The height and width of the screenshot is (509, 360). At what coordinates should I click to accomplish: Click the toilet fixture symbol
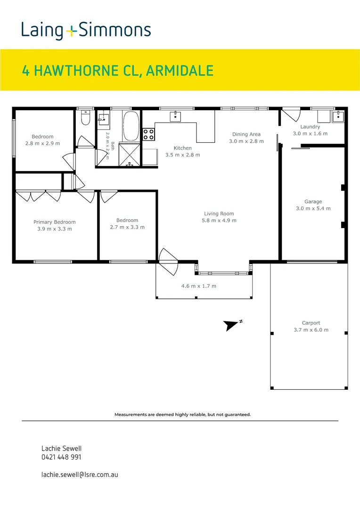[x=85, y=118]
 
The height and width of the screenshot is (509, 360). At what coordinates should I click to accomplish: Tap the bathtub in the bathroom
[x=131, y=126]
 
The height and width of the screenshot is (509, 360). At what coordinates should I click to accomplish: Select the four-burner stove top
[x=149, y=134]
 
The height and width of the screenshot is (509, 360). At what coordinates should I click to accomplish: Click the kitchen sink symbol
[x=175, y=116]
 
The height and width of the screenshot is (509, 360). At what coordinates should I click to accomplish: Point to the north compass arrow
[x=231, y=325]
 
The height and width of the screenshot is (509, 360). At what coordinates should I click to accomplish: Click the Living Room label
[x=219, y=213]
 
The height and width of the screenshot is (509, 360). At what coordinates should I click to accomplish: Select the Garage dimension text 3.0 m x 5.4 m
[x=313, y=208]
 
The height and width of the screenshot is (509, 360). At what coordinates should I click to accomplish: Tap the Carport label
[x=311, y=323]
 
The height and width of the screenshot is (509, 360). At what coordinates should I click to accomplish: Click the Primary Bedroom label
[x=55, y=222]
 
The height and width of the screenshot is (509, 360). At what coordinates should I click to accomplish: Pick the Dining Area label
[x=246, y=134]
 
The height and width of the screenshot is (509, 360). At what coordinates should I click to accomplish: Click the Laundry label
[x=310, y=127]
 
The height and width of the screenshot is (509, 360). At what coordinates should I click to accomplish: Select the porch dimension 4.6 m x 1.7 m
[x=199, y=286]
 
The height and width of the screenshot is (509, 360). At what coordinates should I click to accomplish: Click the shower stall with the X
[x=130, y=155]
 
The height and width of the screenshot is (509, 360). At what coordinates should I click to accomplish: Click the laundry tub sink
[x=338, y=116]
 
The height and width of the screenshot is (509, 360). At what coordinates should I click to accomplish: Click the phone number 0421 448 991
[x=61, y=457]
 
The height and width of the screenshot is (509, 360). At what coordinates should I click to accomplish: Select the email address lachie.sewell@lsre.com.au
[x=80, y=475]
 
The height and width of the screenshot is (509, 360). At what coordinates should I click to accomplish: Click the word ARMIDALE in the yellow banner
[x=180, y=71]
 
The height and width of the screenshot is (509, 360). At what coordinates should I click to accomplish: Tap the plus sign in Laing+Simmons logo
[x=71, y=31]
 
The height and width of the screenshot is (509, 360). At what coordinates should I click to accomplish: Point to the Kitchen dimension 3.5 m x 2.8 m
[x=183, y=155]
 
